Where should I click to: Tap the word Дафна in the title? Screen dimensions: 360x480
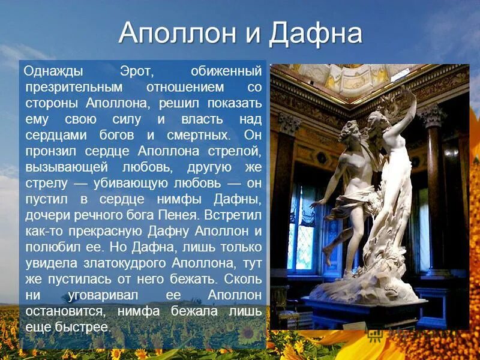point(316,34)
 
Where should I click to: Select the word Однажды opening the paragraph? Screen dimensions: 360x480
point(53,72)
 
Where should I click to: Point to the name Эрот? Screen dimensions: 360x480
point(137,72)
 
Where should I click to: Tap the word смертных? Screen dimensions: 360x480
point(193,134)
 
